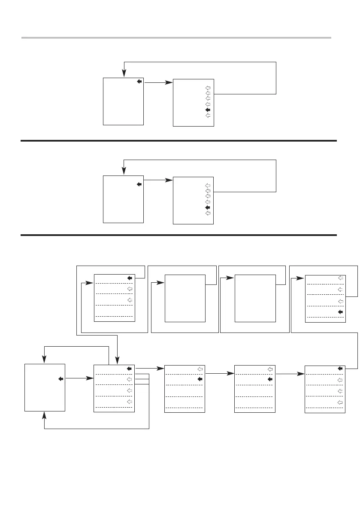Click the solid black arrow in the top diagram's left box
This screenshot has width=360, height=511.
coord(139,82)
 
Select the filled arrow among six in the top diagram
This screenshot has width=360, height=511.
coord(208,110)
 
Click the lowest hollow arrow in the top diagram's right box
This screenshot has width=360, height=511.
coord(208,115)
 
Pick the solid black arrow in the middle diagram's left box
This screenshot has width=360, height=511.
coord(139,184)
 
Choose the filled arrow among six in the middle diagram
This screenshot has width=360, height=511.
coord(208,207)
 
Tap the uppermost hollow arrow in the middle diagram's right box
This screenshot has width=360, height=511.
coord(208,185)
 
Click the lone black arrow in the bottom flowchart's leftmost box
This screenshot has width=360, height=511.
coord(61,379)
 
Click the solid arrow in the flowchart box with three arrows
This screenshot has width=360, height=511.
coord(130,278)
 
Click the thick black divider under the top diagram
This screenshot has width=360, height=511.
coord(179,140)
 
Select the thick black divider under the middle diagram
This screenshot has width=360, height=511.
coord(179,235)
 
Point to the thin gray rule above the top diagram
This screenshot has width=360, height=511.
coord(176,38)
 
